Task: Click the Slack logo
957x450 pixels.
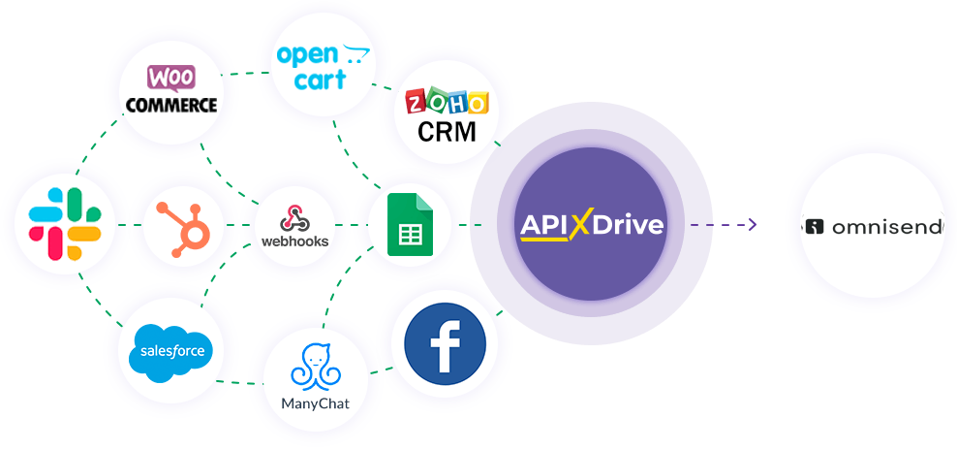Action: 65,224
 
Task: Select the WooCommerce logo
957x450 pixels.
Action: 170,90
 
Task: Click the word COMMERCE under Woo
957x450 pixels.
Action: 170,104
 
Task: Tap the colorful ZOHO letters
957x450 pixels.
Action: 447,104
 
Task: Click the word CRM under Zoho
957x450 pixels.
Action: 447,130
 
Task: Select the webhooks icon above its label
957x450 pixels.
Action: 295,216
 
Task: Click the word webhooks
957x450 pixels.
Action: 295,241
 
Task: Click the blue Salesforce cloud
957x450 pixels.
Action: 170,350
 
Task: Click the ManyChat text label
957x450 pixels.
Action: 315,403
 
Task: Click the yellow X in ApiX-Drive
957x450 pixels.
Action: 579,225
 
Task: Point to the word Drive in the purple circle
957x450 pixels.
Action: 629,225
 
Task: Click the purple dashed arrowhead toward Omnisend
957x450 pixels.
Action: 752,225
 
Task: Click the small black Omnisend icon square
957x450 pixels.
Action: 815,227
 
